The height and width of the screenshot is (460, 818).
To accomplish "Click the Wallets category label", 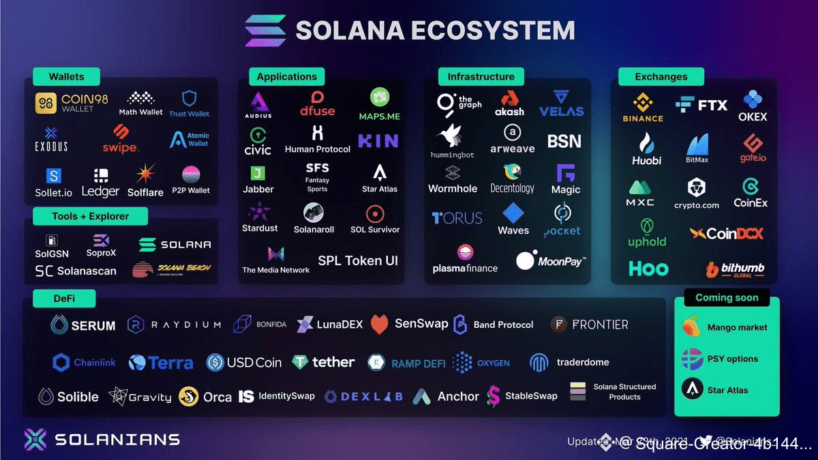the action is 65,76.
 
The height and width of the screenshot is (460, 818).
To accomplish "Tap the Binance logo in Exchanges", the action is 643,108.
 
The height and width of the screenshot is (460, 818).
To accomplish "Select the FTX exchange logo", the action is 701,105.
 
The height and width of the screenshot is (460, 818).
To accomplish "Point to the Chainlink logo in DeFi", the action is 85,363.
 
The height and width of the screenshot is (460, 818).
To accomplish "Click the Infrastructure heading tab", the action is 481,76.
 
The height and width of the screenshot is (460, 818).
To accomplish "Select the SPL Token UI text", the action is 358,260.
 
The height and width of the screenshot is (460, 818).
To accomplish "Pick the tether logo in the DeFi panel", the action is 323,363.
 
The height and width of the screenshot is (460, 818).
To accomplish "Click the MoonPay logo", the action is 551,260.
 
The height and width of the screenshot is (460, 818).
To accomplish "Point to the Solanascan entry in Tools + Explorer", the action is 76,271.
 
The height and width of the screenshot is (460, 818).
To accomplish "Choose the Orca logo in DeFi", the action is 205,397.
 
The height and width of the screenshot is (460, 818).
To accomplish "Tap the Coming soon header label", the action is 727,297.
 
